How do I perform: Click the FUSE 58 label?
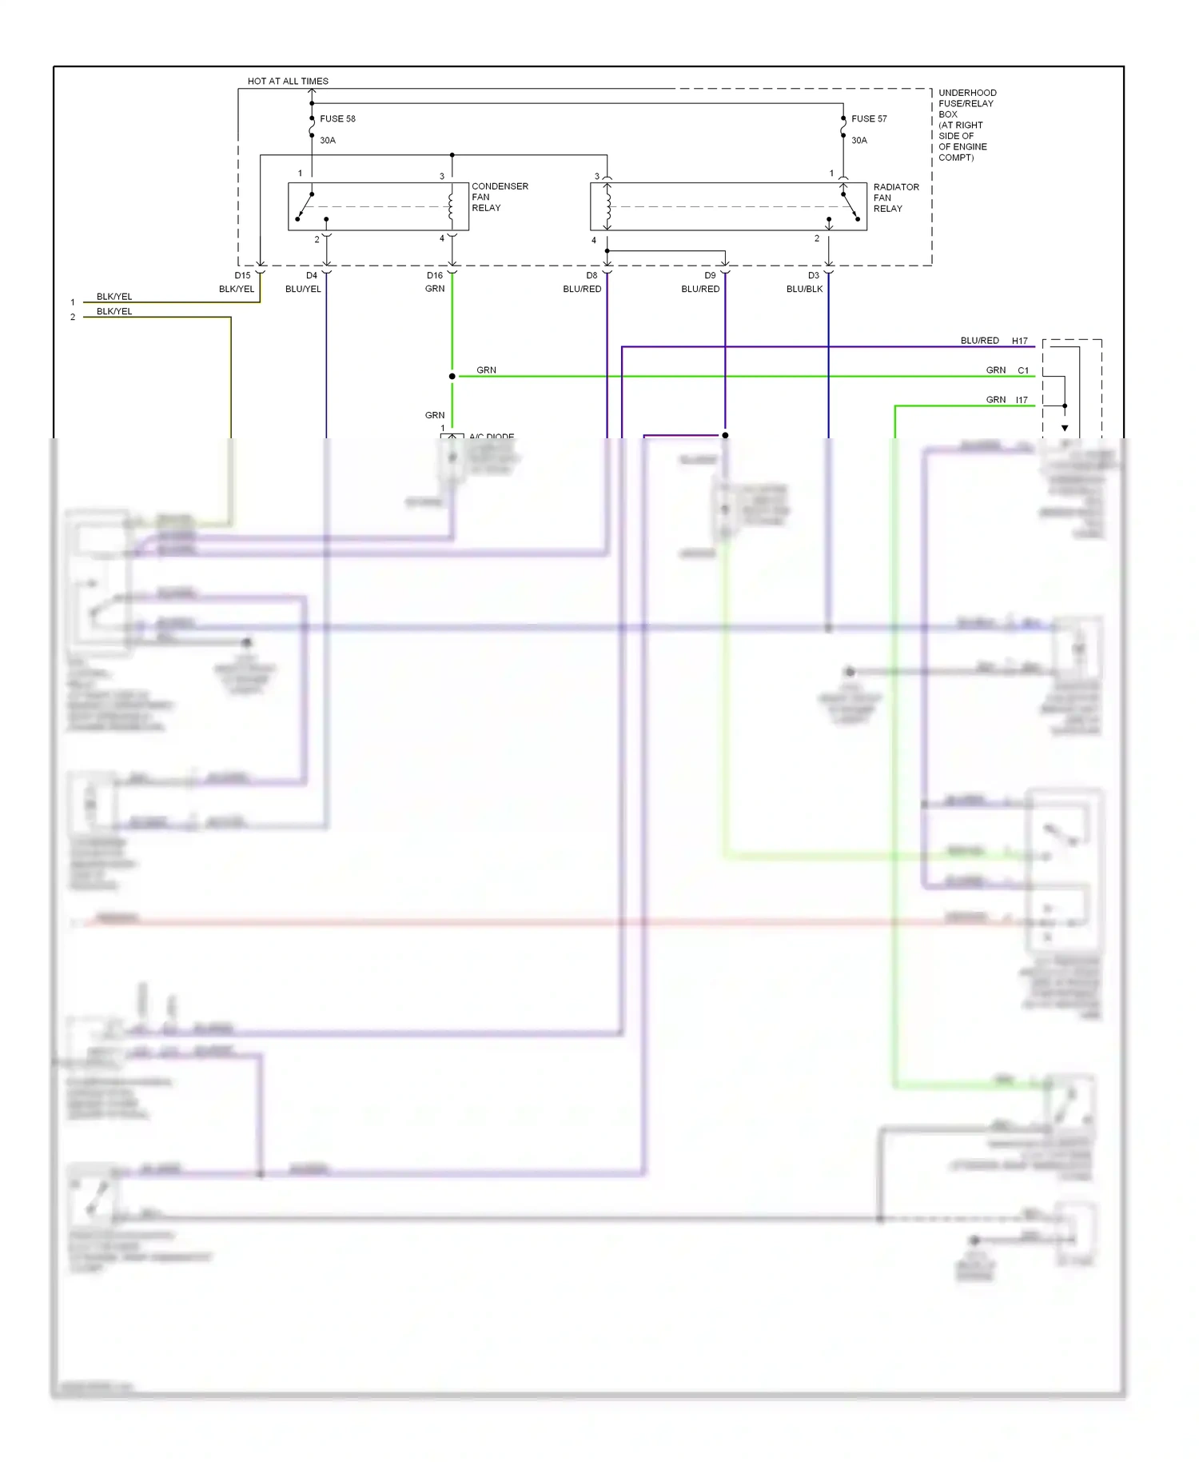point(337,118)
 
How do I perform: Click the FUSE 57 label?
point(869,118)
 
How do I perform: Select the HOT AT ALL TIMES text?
point(288,81)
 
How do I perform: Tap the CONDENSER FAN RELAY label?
point(499,197)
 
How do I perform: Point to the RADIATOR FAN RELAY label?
point(895,198)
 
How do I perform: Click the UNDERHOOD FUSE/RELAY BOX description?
point(966,125)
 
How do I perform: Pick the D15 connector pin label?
point(242,275)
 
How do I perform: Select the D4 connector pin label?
point(312,275)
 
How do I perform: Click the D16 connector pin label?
point(434,275)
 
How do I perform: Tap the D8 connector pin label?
point(592,275)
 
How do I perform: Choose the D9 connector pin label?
point(710,275)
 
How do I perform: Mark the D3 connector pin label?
point(814,275)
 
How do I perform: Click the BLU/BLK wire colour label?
point(804,289)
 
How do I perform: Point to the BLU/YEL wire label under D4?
point(303,289)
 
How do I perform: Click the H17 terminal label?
point(1019,341)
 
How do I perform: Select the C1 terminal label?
point(1022,370)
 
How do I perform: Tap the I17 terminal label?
point(1022,400)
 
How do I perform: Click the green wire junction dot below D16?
point(452,376)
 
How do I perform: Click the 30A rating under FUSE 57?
point(859,140)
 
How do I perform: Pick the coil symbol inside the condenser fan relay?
point(451,206)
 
